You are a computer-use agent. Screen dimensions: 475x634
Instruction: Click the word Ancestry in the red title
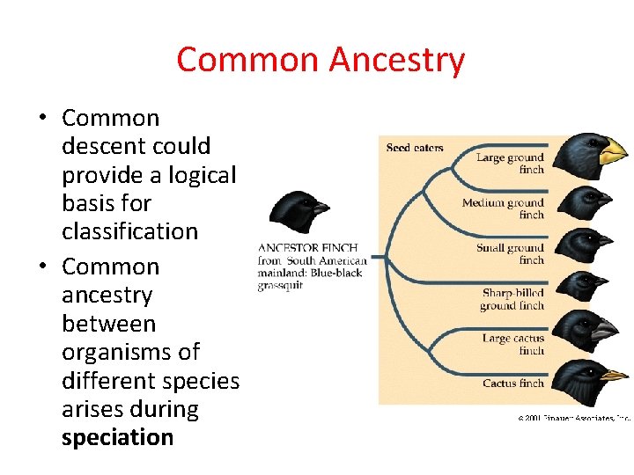(396, 60)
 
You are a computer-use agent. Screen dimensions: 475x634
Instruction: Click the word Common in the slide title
(249, 60)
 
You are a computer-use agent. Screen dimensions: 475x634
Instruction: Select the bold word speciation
(117, 437)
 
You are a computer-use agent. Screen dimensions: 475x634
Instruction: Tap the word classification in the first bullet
(129, 231)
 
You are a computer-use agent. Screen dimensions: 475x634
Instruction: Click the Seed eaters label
(415, 148)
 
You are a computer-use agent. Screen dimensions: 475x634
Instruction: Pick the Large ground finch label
(510, 163)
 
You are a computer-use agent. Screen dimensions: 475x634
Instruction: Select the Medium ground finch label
(504, 208)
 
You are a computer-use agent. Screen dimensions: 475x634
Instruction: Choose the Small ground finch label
(510, 253)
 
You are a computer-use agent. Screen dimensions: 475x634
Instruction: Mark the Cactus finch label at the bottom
(512, 384)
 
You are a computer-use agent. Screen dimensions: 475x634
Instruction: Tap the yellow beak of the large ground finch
(611, 151)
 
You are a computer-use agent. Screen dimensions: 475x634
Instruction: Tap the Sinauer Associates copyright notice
(573, 418)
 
